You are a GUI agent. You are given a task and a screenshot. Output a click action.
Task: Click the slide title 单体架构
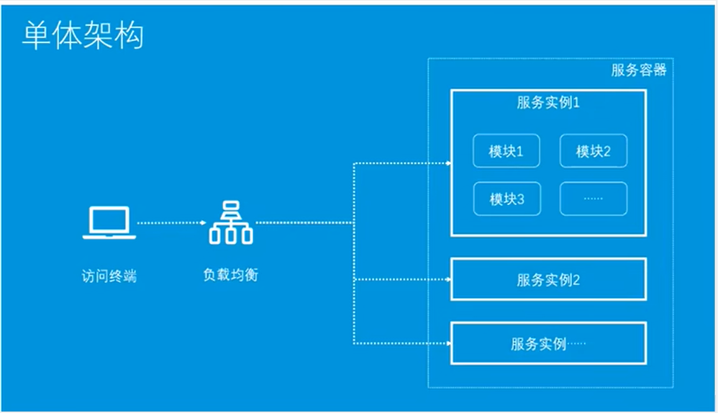click(83, 36)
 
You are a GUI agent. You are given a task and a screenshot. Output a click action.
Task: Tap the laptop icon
click(109, 223)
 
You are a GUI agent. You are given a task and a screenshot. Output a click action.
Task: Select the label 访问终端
click(109, 276)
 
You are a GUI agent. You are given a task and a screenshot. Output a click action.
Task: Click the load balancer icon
click(230, 222)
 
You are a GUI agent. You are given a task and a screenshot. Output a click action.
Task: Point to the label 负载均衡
click(230, 275)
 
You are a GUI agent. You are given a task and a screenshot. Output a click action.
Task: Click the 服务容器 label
click(639, 70)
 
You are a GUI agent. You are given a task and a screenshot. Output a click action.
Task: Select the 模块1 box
click(506, 151)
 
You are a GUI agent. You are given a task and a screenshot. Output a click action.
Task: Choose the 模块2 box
click(594, 151)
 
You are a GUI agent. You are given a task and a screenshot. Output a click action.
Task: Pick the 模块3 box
click(506, 199)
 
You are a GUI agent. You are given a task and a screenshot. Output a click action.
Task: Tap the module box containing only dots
click(594, 199)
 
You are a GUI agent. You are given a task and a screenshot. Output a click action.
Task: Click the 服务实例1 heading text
click(548, 103)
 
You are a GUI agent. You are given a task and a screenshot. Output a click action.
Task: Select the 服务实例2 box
click(548, 279)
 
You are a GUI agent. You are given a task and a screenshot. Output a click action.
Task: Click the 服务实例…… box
click(548, 343)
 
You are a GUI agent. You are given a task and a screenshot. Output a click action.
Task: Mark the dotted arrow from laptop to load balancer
click(170, 223)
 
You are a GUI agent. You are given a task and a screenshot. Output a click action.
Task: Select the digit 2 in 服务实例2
click(576, 280)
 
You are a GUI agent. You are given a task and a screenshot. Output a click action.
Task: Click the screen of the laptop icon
click(109, 219)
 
